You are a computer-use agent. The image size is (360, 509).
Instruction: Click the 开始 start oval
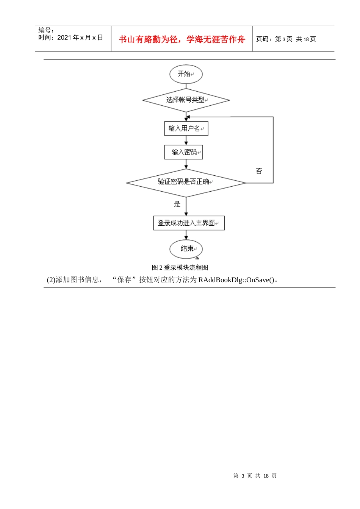[x=186, y=74]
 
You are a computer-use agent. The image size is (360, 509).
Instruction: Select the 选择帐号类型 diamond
[x=186, y=100]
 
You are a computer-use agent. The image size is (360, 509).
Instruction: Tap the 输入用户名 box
[x=186, y=128]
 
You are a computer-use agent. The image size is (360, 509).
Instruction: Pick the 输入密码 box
[x=184, y=152]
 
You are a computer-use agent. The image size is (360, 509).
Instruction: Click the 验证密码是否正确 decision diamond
[x=186, y=183]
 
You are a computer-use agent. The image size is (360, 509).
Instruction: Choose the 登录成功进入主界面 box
[x=189, y=223]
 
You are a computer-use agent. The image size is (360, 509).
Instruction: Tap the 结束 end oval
[x=186, y=249]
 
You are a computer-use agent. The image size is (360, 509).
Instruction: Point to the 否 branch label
[x=259, y=171]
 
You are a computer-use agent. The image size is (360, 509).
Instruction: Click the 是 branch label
[x=177, y=204]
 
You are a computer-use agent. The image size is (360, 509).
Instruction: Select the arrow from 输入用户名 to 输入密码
[x=186, y=141]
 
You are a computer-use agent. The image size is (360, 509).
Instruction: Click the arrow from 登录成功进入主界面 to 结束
[x=186, y=235]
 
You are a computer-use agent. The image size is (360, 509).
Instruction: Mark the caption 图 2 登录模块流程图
[x=180, y=267]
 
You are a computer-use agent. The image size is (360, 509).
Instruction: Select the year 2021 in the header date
[x=64, y=37]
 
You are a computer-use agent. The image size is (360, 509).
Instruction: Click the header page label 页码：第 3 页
[x=274, y=39]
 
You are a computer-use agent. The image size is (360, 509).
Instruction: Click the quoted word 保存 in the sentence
[x=124, y=280]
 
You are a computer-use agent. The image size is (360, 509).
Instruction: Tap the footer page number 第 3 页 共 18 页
[x=255, y=476]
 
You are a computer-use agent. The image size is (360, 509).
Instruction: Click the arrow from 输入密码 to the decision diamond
[x=186, y=164]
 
